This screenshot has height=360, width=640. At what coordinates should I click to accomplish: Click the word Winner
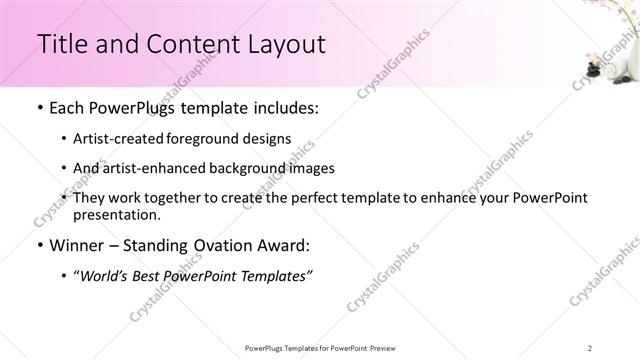click(x=77, y=244)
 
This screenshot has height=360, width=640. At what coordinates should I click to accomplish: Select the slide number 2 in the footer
click(x=590, y=347)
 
